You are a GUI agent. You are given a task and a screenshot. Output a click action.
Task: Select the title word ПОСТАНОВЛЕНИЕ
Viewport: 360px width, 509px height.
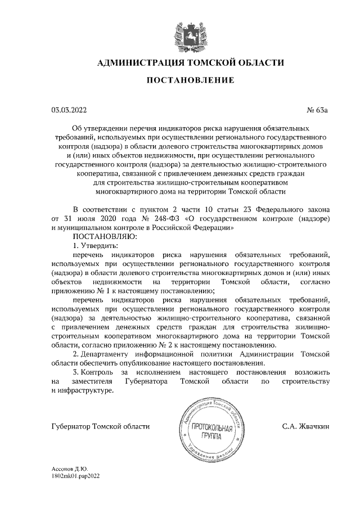(191, 82)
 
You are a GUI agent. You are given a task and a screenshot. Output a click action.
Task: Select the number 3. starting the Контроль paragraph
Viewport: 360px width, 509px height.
(76, 373)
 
